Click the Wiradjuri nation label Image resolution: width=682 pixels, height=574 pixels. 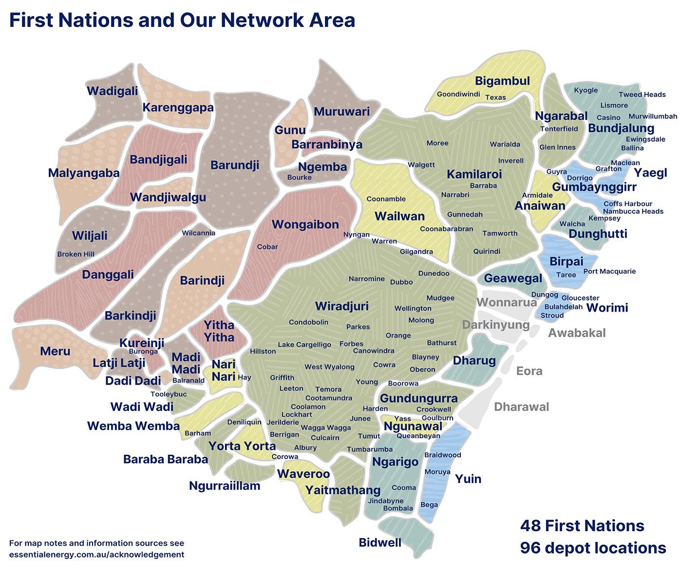(341, 306)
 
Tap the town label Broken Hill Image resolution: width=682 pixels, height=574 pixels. (76, 254)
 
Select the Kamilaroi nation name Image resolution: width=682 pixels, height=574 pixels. (474, 174)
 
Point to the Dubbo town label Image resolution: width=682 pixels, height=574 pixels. (401, 282)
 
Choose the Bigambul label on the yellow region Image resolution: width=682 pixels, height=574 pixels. (502, 81)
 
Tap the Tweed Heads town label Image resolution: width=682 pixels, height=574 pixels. (642, 94)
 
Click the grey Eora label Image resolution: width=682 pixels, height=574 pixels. (529, 371)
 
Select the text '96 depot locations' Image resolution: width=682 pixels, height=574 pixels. (593, 548)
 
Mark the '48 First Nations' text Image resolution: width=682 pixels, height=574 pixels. (582, 526)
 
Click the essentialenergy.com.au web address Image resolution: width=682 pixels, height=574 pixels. (96, 555)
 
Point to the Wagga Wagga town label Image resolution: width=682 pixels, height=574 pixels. (326, 427)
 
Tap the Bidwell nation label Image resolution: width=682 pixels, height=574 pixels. (380, 542)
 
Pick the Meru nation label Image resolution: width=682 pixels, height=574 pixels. (55, 351)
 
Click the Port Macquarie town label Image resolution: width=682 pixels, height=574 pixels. (609, 271)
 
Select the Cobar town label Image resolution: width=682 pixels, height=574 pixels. (267, 247)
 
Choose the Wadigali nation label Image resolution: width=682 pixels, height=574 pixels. (112, 91)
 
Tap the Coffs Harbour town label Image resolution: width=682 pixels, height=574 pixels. (627, 204)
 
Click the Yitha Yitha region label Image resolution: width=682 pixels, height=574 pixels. (219, 331)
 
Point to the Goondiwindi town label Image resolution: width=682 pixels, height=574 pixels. (458, 94)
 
